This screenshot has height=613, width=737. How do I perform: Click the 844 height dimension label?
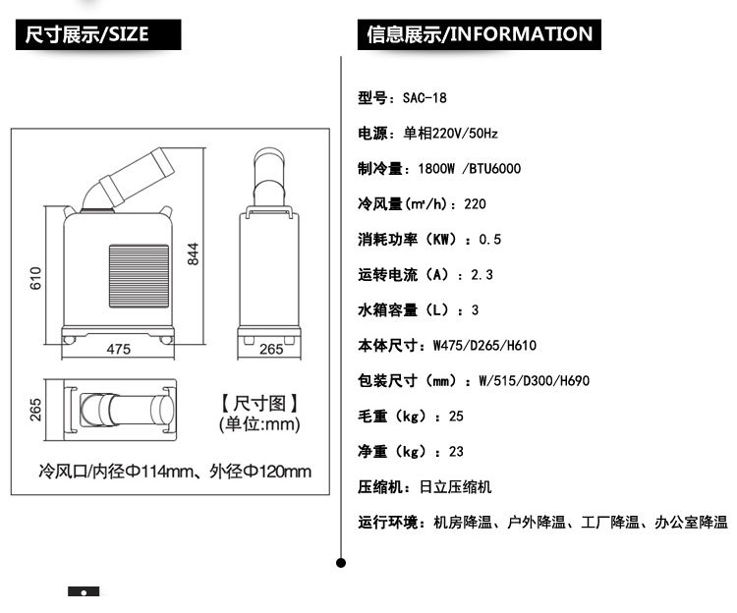(194, 254)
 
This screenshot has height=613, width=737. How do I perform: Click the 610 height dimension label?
(35, 278)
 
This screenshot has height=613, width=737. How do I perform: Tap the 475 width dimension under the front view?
(119, 349)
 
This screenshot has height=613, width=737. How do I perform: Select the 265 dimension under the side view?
(271, 349)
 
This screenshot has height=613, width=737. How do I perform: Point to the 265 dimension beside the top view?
(35, 410)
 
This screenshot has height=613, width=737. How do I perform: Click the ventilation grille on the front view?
(140, 276)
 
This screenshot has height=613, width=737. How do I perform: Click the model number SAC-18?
(425, 97)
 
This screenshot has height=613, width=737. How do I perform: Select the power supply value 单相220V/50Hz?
(450, 134)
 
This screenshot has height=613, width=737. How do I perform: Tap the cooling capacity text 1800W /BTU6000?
(470, 168)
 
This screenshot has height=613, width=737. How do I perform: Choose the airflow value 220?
(475, 204)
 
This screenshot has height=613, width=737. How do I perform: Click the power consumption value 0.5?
(489, 239)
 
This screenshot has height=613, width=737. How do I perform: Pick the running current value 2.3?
(482, 274)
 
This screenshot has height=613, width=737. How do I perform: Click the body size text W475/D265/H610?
(484, 346)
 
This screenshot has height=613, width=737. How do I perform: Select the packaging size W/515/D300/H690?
(534, 380)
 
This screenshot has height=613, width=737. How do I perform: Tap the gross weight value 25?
(456, 416)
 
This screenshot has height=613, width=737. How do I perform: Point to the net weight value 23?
(456, 452)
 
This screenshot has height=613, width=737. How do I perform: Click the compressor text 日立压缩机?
(455, 486)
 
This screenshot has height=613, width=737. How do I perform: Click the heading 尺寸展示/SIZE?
(86, 34)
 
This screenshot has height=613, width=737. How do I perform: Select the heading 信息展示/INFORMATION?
(480, 34)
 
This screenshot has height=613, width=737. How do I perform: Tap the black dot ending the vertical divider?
(341, 562)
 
